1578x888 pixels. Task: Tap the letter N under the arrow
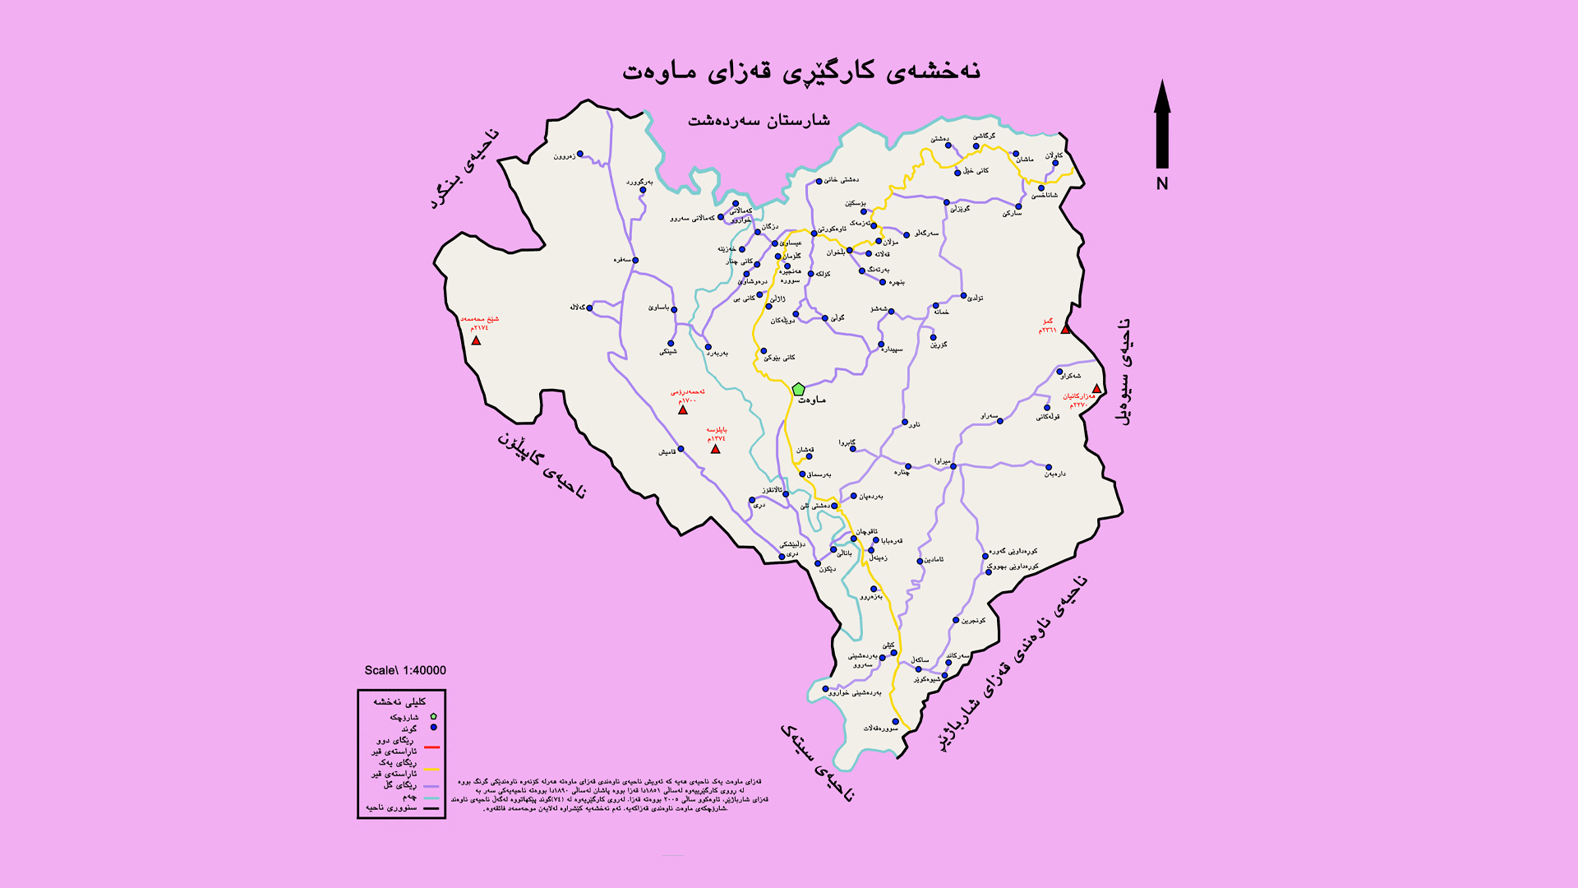point(1162,183)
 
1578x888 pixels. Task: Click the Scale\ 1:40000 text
point(405,670)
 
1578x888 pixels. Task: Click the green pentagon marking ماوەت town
point(798,389)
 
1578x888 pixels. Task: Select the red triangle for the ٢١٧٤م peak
point(476,340)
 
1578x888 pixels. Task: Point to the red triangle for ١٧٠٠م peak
point(683,409)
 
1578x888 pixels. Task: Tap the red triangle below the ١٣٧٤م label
point(715,449)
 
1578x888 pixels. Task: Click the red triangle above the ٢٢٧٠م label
point(1096,389)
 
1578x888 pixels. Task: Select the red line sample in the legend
point(431,747)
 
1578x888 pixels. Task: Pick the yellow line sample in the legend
point(431,770)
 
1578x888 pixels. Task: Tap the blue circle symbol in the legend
point(433,728)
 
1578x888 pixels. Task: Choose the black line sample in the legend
point(431,808)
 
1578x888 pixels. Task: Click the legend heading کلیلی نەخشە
point(400,701)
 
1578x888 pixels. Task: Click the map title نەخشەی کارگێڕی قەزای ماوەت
point(801,71)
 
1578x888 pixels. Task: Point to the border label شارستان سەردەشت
point(759,121)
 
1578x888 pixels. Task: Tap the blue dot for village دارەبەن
point(1049,467)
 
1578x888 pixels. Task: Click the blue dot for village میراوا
point(953,466)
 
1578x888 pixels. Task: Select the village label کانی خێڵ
point(976,171)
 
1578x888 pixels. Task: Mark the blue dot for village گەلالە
point(589,308)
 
